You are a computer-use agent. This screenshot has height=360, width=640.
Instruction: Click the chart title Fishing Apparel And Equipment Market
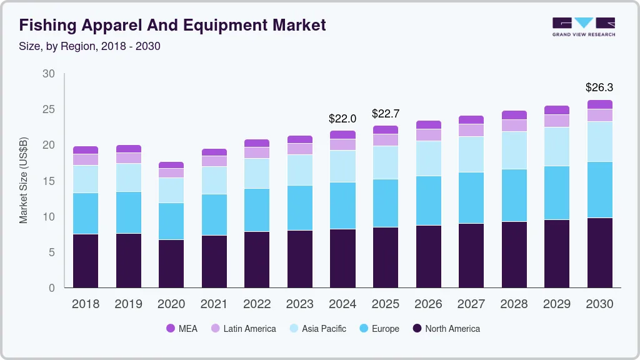click(x=172, y=26)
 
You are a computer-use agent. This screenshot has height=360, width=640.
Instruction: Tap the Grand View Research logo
click(x=583, y=27)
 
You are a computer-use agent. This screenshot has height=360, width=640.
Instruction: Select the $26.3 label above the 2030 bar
click(x=599, y=87)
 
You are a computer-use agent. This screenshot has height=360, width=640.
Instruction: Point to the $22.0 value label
click(x=342, y=118)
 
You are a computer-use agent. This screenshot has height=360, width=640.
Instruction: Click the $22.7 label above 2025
click(x=386, y=114)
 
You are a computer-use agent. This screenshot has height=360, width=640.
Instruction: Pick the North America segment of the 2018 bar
click(x=86, y=261)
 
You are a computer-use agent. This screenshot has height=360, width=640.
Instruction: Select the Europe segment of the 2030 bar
click(x=600, y=189)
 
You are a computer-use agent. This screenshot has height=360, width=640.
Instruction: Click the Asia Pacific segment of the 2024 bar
click(x=342, y=166)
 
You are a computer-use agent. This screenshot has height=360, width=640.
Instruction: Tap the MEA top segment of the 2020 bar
click(x=171, y=165)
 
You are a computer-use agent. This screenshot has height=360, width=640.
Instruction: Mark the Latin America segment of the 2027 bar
click(x=471, y=130)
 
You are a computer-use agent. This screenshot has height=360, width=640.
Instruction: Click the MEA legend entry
click(x=181, y=329)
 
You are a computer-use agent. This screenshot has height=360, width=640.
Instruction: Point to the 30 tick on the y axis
click(x=49, y=74)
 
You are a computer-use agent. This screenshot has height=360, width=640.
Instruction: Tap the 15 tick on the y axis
click(x=49, y=181)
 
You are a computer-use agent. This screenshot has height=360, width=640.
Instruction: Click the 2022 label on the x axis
click(x=257, y=304)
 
